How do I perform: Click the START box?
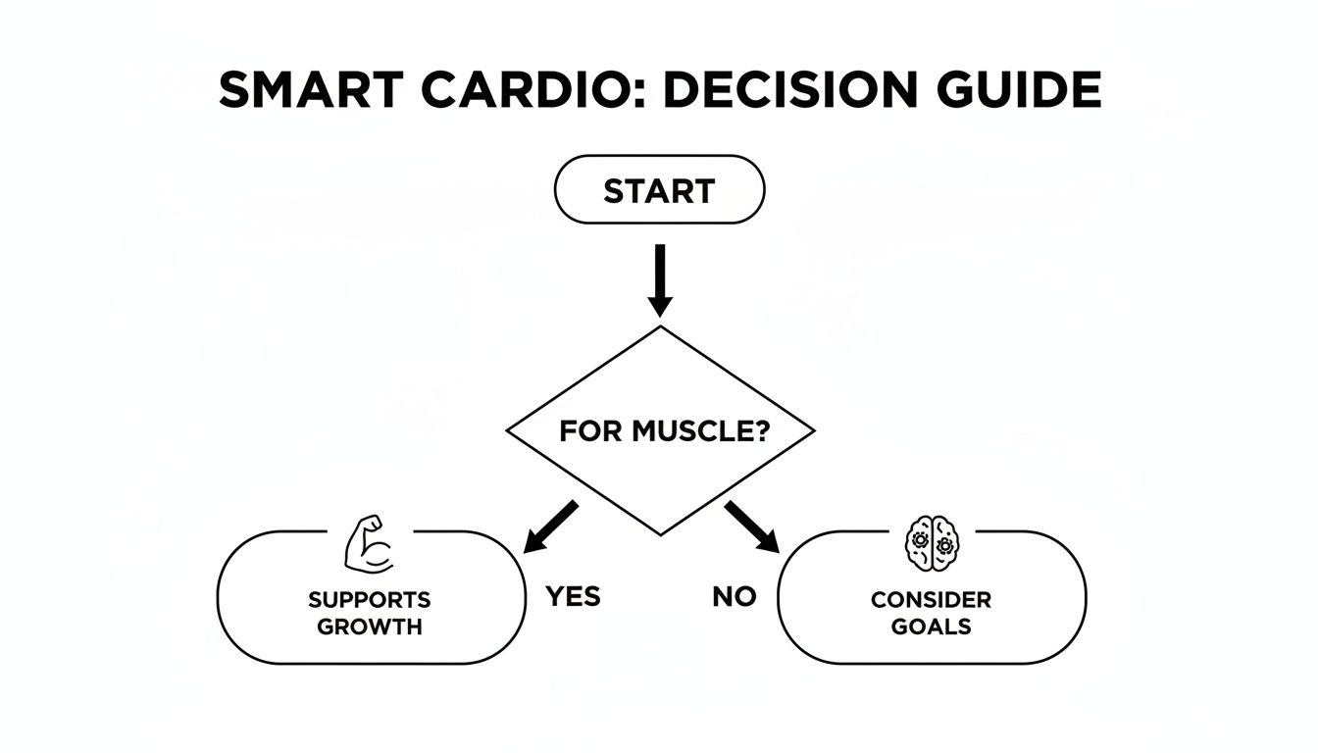659,190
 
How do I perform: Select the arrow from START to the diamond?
660,278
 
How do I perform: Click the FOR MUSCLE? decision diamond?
660,430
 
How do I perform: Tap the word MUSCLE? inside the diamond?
697,431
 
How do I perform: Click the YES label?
573,596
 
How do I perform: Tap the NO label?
735,596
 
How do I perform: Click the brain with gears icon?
931,542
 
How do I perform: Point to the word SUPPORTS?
370,599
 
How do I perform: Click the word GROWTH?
370,627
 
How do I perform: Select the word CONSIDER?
931,599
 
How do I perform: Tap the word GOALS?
931,627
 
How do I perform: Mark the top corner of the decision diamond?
660,327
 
